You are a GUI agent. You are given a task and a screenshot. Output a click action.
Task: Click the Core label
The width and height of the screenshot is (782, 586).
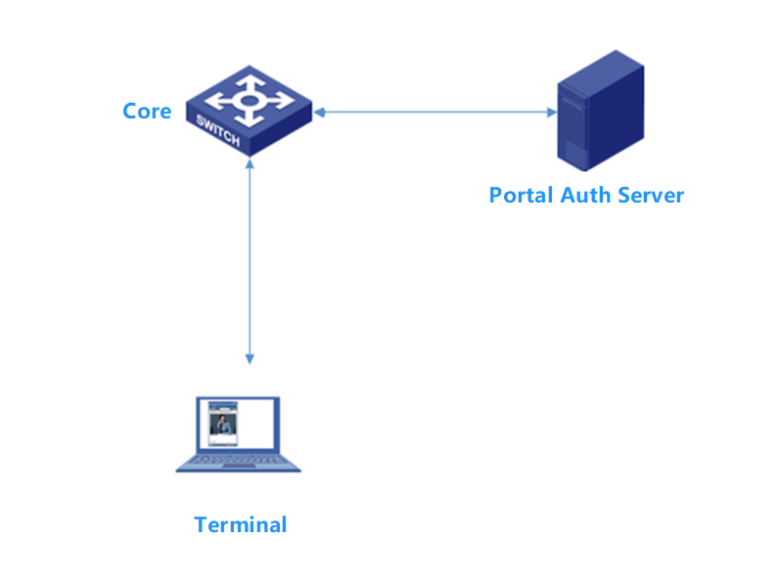point(147,111)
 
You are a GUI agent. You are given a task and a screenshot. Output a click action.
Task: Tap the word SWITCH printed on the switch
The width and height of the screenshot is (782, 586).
point(217,131)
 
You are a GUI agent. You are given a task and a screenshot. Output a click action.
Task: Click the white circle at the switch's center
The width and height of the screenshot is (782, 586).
point(250,100)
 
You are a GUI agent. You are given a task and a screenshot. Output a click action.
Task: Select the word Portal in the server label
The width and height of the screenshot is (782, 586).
point(522,194)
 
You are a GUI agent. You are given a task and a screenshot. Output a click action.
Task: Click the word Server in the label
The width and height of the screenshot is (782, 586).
point(651,194)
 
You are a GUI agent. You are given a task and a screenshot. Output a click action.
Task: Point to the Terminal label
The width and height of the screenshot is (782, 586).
point(241,524)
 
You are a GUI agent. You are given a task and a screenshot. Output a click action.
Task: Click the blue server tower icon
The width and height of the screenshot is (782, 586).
point(600,113)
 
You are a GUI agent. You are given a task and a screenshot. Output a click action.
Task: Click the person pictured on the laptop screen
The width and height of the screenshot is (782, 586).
point(222,428)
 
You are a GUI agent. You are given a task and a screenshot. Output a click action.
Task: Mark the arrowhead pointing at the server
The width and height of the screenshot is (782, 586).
point(550,112)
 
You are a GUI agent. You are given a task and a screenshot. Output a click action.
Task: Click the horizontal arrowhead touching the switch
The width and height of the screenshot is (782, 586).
point(319,112)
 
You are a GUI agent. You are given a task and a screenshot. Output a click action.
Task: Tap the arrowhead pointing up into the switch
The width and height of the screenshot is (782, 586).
point(250,163)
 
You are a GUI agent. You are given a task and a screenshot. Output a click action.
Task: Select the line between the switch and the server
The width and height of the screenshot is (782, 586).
point(436,112)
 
